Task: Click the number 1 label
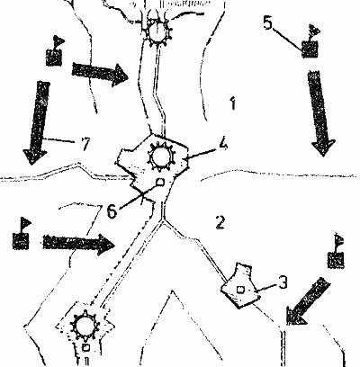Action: pos(232,103)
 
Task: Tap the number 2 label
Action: pos(220,222)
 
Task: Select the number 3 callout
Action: pos(283,282)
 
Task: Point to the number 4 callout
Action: pos(223,143)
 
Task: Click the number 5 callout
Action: pos(268,22)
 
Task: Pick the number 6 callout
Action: pos(112,212)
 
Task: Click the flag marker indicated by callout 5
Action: pos(310,42)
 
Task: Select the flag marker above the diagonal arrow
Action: pos(336,251)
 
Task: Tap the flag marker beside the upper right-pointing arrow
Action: pos(54,51)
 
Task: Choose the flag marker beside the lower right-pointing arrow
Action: pos(21,234)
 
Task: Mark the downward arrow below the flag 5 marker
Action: pos(320,113)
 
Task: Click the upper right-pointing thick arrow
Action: pos(100,75)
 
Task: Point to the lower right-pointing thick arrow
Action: pos(79,244)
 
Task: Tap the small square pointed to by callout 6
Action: pos(161,182)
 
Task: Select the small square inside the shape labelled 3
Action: pos(240,290)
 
